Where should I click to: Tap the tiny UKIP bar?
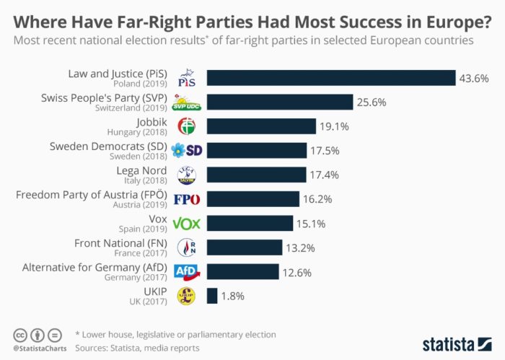coord(212,296)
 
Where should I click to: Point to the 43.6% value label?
coord(473,79)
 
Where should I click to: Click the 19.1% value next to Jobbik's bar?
coord(334,127)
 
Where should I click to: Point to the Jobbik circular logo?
coord(188,127)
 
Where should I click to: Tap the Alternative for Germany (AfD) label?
coord(95,267)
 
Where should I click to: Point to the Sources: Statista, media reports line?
coord(137,347)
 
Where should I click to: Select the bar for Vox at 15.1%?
coord(250,224)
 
